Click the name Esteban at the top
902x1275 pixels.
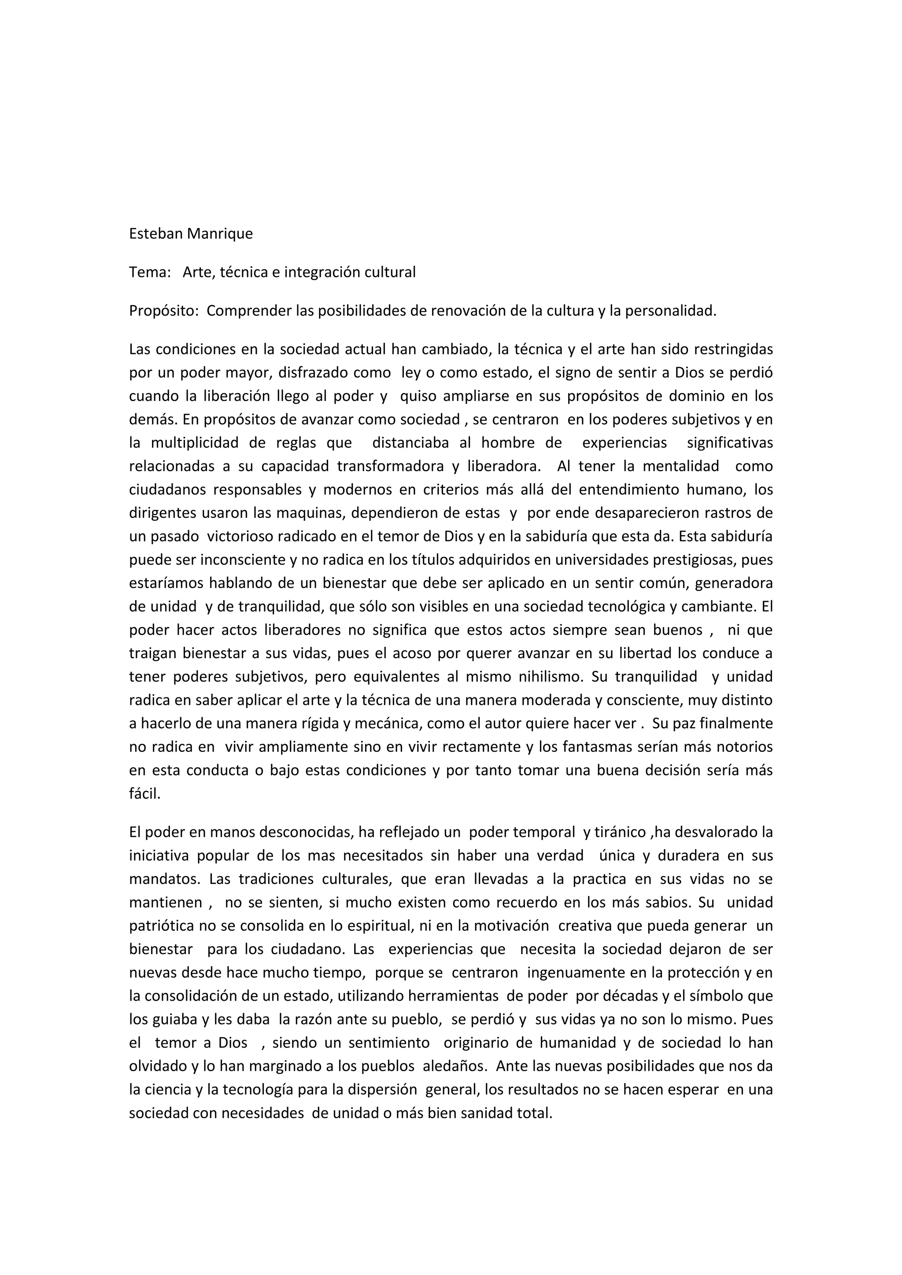click(x=155, y=234)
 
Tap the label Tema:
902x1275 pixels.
click(x=149, y=272)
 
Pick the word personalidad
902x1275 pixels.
click(x=670, y=311)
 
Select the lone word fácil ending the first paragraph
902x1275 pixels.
click(x=144, y=794)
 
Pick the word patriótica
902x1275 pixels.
click(x=162, y=926)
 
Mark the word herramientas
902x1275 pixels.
click(x=445, y=996)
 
